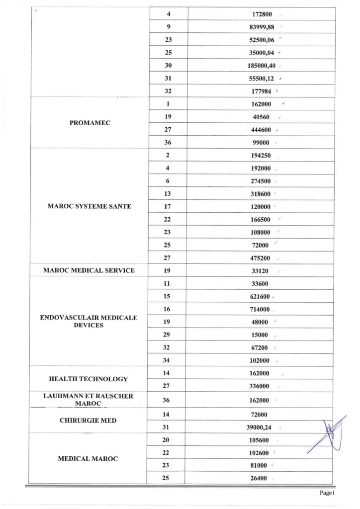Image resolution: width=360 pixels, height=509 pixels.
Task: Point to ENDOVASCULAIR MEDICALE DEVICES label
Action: (89, 321)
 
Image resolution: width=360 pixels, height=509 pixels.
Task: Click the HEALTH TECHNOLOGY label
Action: (89, 379)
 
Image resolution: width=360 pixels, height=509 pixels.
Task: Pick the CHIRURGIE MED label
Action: (89, 421)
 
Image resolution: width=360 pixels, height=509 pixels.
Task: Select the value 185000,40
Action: (258, 66)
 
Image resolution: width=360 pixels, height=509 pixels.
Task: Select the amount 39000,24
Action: (258, 427)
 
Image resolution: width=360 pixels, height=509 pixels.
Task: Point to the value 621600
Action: (258, 297)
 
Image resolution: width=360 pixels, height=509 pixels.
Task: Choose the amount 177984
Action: (258, 91)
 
